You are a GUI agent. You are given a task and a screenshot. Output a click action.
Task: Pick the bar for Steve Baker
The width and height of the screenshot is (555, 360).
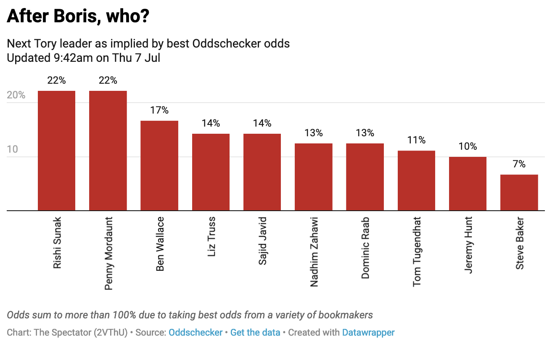pyautogui.click(x=519, y=192)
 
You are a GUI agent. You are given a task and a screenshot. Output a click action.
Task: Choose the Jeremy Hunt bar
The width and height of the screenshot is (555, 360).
pyautogui.click(x=468, y=183)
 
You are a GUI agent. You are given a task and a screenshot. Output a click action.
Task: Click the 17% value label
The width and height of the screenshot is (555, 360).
pyautogui.click(x=159, y=111)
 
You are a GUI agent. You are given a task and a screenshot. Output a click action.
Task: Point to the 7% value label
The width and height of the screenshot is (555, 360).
pyautogui.click(x=519, y=164)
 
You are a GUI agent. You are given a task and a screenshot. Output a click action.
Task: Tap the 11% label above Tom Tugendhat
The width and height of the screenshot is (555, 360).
pyautogui.click(x=416, y=140)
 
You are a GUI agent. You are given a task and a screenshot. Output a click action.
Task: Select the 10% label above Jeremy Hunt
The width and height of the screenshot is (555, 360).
pyautogui.click(x=468, y=147)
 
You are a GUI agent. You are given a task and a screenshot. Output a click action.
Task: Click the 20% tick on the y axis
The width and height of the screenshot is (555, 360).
pyautogui.click(x=16, y=95)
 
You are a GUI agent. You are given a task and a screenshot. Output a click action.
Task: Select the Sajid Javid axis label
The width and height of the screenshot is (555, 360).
pyautogui.click(x=262, y=241)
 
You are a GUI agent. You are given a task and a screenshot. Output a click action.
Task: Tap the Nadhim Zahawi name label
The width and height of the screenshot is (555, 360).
pyautogui.click(x=314, y=251)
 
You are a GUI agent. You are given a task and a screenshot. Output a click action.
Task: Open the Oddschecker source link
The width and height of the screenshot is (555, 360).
pyautogui.click(x=196, y=333)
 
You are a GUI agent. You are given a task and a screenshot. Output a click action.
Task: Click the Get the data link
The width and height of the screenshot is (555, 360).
pyautogui.click(x=255, y=333)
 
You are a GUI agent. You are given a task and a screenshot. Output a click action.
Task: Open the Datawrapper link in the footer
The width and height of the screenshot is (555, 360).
pyautogui.click(x=368, y=333)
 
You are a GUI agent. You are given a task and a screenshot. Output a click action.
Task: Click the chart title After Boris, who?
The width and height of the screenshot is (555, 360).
pyautogui.click(x=78, y=17)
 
